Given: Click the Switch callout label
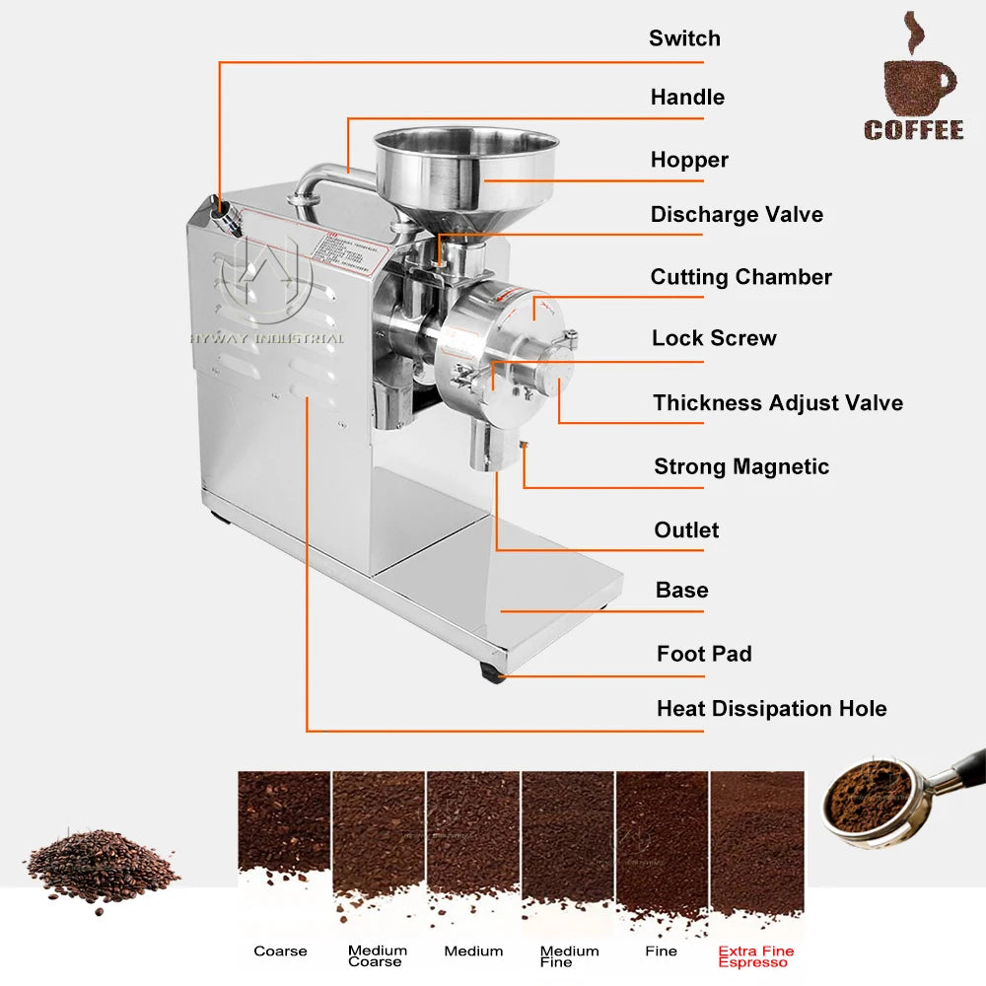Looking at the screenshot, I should point(684,38).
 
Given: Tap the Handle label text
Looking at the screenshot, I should point(687,97).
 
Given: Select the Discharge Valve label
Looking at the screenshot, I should point(737,215).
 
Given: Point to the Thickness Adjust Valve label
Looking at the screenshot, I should point(777,402).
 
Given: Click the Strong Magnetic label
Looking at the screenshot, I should point(741,466).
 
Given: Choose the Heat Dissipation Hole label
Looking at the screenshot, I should point(771,708).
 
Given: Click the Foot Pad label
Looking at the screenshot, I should point(704,654).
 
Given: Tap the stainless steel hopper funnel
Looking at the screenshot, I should point(464,168).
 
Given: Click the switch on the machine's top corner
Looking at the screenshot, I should point(227,210).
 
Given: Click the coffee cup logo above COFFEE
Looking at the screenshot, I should point(917,74).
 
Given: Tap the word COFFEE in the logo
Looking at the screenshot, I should point(914,130).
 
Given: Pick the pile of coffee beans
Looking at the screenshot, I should point(101,865).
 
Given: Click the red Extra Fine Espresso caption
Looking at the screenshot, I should point(755,956).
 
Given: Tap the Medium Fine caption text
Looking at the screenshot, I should point(569,956).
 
